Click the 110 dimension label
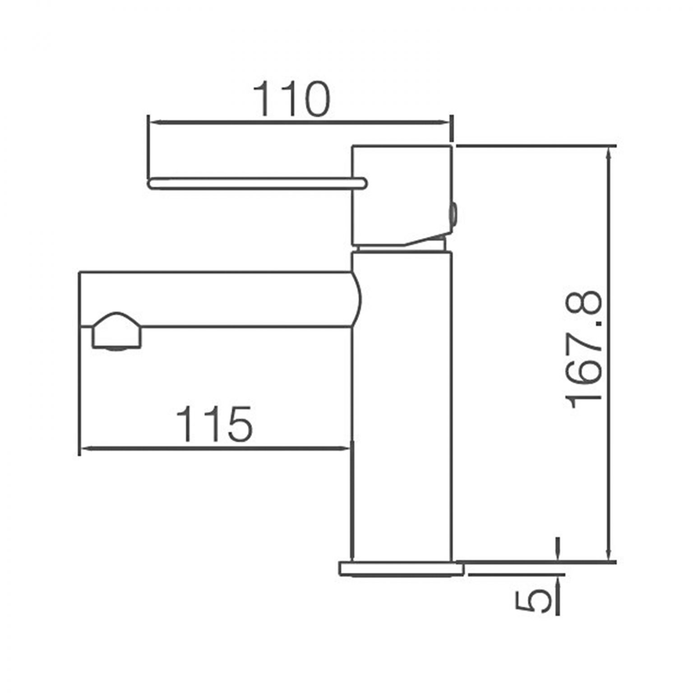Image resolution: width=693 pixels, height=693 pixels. pyautogui.click(x=291, y=99)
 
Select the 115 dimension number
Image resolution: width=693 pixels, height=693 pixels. pyautogui.click(x=214, y=424)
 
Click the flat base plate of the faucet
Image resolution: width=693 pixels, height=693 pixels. pyautogui.click(x=402, y=568)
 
